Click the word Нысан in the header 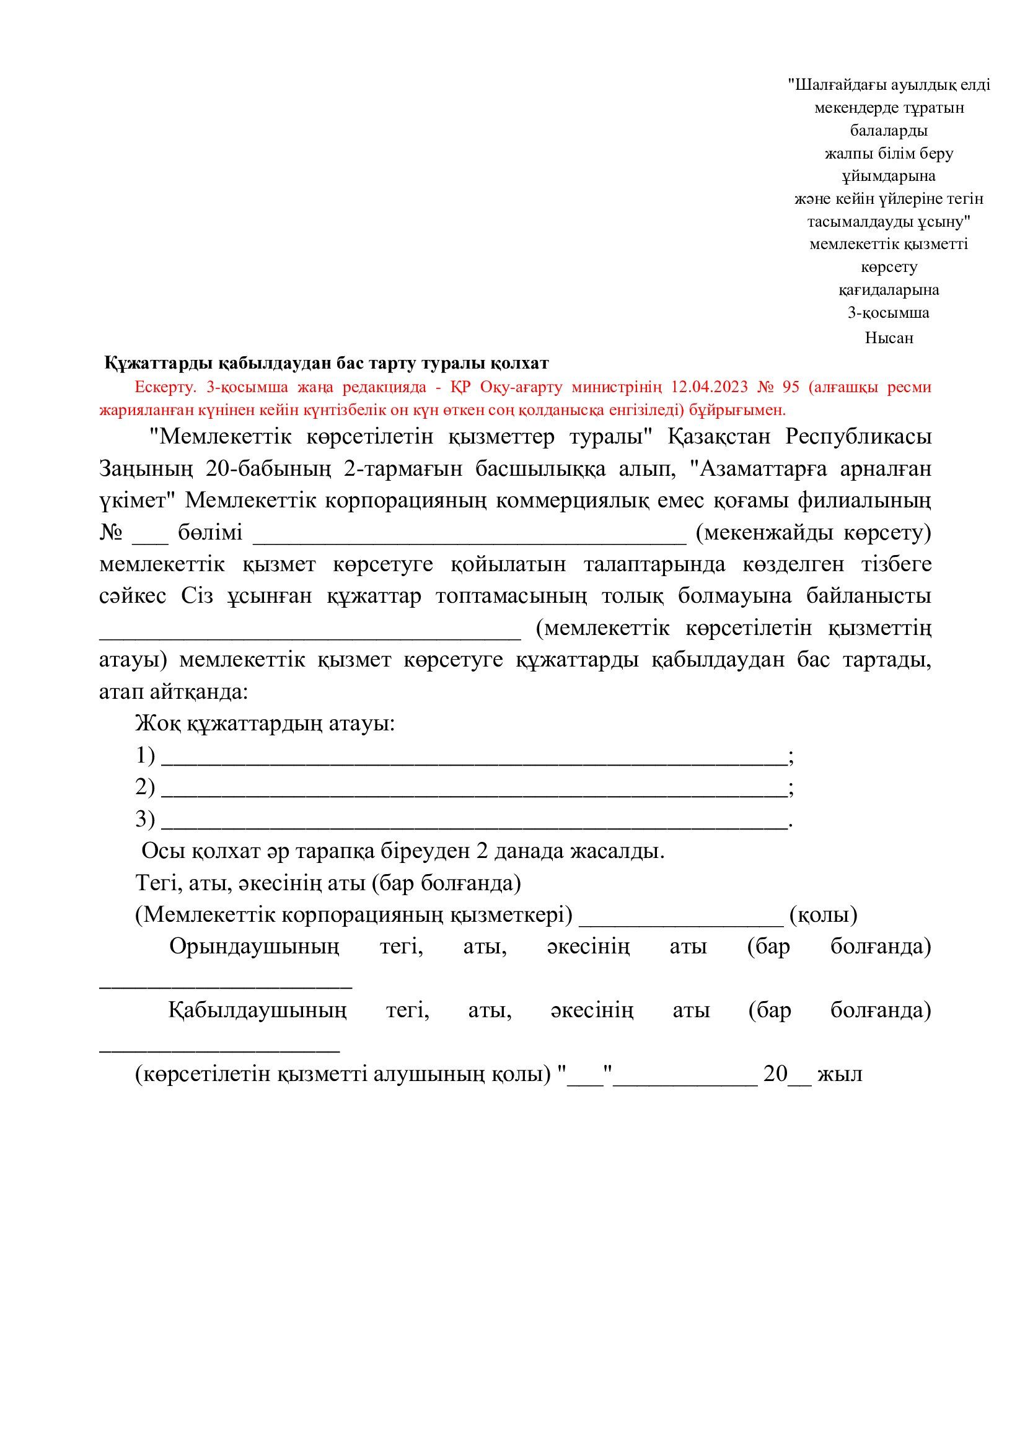tap(889, 338)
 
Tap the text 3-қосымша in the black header tap(888, 313)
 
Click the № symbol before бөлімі tap(110, 534)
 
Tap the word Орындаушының tap(253, 948)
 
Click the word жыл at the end tap(840, 1074)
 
